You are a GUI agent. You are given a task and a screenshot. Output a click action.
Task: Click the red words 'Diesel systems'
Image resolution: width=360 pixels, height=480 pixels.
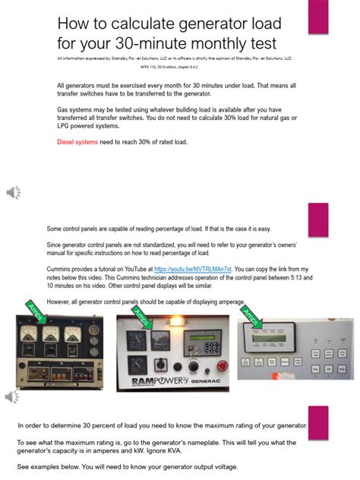click(77, 142)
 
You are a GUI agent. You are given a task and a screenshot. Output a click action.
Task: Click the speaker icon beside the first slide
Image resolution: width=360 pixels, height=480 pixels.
click(14, 192)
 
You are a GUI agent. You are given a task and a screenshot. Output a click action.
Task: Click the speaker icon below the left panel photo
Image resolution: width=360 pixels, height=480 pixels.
click(14, 396)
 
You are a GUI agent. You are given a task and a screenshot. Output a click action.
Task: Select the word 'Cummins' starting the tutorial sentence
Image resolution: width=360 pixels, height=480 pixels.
click(59, 269)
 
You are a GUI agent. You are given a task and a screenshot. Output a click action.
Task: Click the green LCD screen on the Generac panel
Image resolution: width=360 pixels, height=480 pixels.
click(185, 336)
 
